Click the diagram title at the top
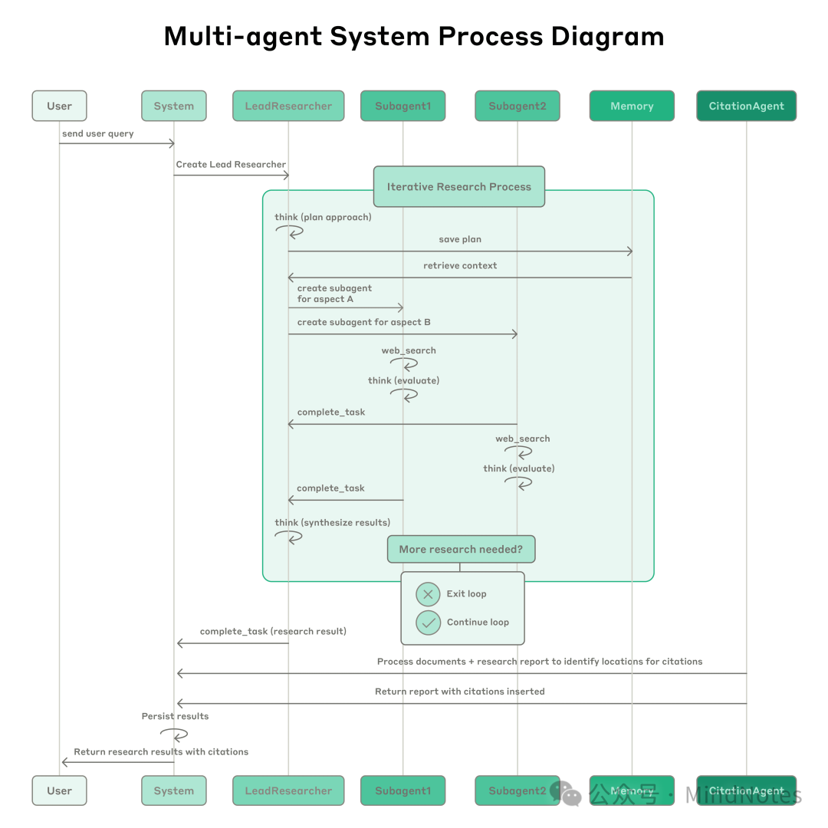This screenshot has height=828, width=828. (414, 36)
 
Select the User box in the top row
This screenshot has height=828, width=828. (59, 106)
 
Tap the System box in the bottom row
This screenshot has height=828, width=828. (173, 790)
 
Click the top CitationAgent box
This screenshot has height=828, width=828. (746, 106)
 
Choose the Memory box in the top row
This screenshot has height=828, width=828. (632, 106)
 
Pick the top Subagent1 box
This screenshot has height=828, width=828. (402, 106)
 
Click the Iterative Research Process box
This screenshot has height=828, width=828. (458, 186)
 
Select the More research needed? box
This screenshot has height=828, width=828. (460, 549)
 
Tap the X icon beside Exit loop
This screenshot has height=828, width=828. (428, 594)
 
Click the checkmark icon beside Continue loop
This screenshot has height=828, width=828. (428, 623)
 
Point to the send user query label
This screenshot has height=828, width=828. (98, 133)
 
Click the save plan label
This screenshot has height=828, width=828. (460, 239)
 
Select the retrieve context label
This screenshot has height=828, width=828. (460, 265)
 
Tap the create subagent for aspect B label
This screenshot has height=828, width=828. (363, 322)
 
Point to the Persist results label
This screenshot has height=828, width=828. (175, 716)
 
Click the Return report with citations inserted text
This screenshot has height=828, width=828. (459, 691)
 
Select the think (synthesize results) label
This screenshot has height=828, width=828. (332, 522)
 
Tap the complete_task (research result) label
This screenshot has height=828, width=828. (273, 631)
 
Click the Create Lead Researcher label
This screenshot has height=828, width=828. (231, 164)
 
